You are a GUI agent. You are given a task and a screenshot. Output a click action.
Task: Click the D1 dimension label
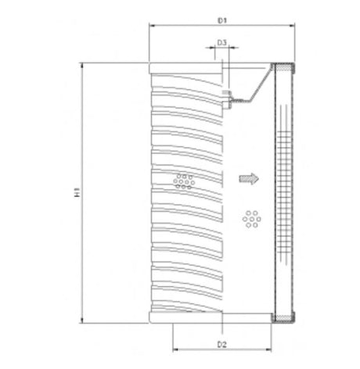coord(222,18)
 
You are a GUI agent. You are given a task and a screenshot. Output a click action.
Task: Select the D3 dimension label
coord(222,42)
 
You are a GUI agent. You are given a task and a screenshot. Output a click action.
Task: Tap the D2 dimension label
coord(222,342)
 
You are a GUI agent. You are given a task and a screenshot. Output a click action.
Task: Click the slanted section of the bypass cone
coord(252,87)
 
